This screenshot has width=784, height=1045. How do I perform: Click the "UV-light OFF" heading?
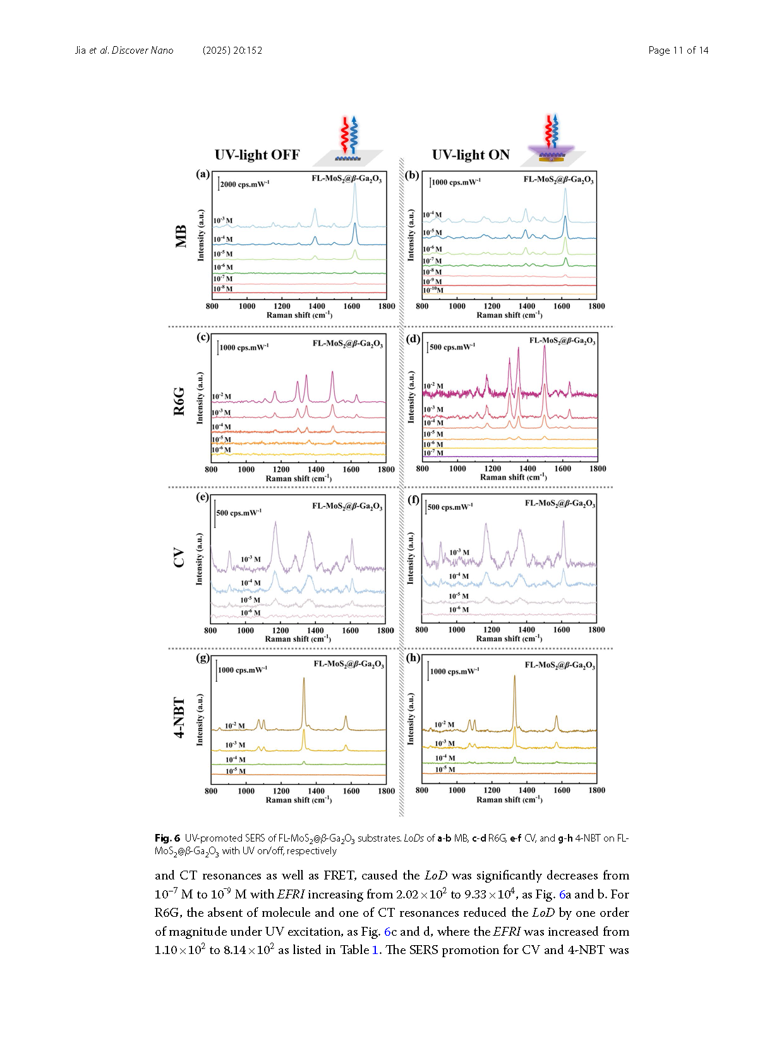coord(256,155)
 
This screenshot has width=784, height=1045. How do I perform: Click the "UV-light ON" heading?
coord(471,155)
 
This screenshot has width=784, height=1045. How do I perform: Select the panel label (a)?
coord(203,174)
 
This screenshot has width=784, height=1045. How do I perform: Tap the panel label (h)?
coord(413,658)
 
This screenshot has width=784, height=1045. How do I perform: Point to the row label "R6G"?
coord(179,401)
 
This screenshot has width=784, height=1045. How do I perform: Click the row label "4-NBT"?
coord(179,718)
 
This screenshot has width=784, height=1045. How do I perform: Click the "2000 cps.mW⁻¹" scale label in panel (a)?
coord(244,184)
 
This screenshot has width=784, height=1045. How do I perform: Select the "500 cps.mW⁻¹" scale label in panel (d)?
coord(452,347)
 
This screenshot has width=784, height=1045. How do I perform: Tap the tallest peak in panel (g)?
coord(304,679)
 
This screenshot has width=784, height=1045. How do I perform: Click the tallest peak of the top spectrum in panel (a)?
coord(355,184)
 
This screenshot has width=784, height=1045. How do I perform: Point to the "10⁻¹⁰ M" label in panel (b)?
coord(433,291)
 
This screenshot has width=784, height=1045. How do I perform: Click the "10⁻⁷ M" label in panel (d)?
coord(433,452)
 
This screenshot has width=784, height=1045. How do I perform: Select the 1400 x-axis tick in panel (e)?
coord(315,631)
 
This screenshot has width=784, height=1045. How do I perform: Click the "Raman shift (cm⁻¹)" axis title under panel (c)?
coord(298,478)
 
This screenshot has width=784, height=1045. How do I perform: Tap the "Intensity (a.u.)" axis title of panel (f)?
coord(411,558)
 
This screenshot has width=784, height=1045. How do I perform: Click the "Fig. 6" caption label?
coord(167,838)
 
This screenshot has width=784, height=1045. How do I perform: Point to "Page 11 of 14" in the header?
coord(678,51)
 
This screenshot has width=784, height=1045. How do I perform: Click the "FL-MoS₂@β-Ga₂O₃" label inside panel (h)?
coord(560,665)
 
